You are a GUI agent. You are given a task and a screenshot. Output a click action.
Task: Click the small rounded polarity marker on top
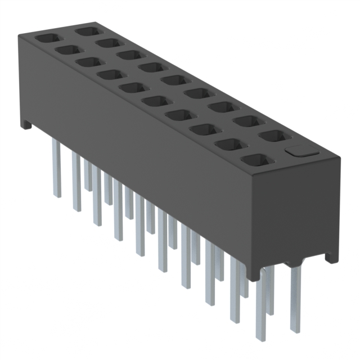[x=298, y=151]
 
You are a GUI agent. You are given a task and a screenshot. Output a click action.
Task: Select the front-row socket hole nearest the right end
[x=253, y=160]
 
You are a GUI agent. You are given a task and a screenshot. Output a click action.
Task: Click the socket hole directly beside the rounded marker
[x=273, y=137]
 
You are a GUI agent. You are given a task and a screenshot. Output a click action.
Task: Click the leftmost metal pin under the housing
[x=56, y=168]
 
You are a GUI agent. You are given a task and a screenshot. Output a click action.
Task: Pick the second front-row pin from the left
[x=76, y=182]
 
